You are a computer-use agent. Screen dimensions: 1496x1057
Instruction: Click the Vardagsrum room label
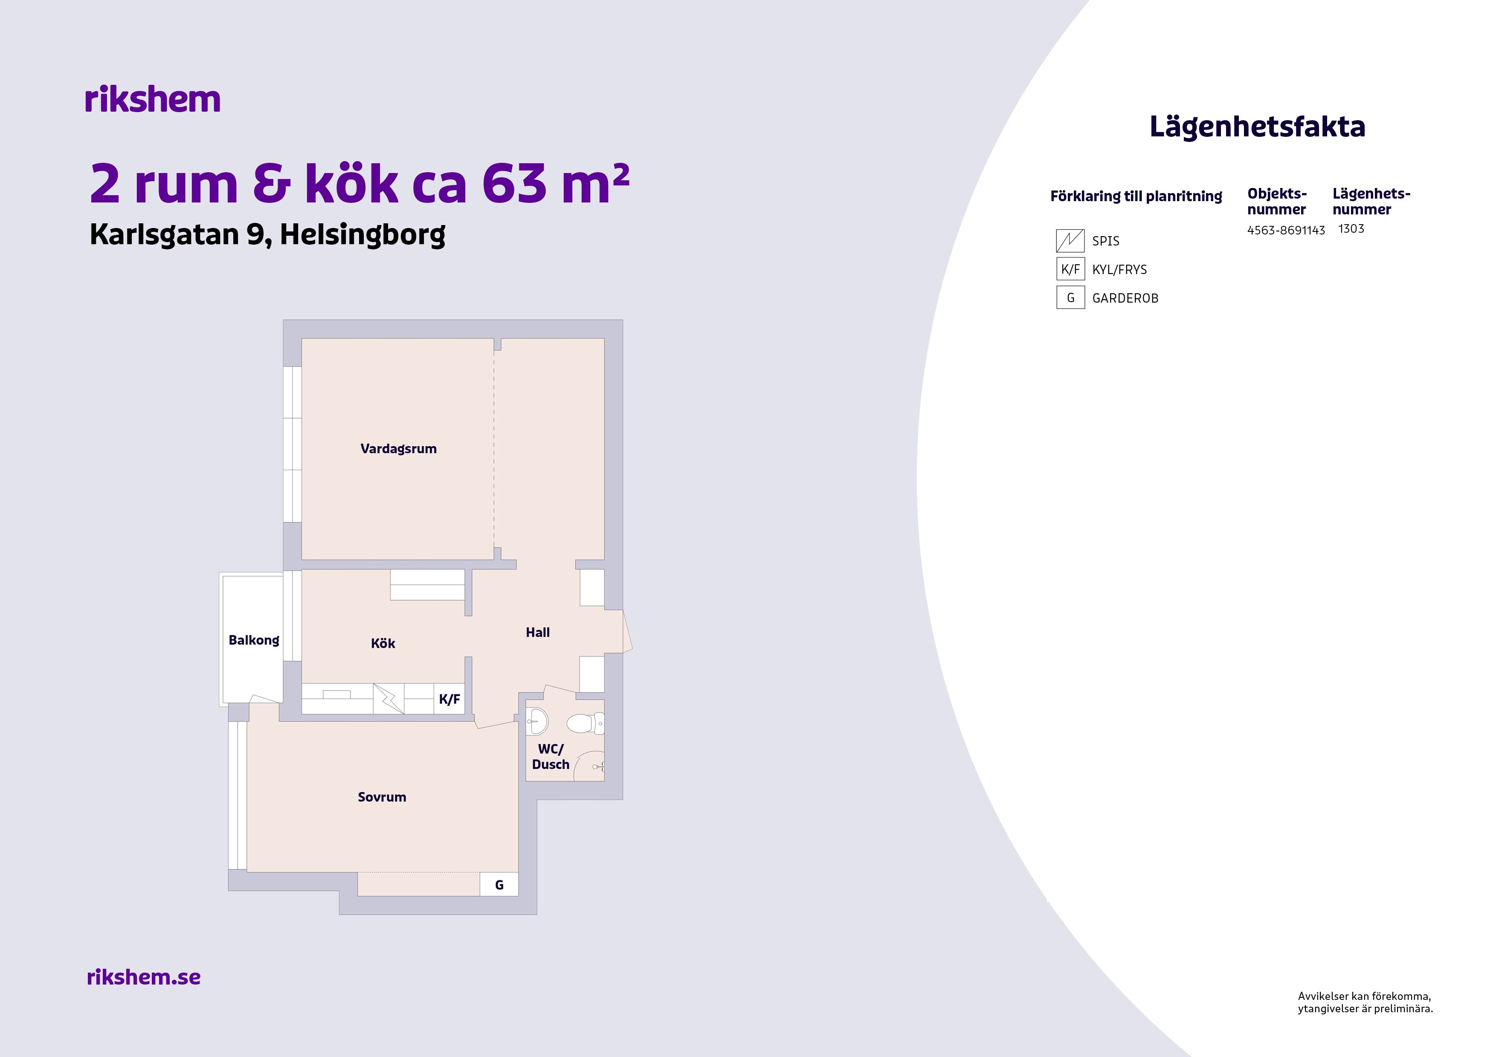[398, 449]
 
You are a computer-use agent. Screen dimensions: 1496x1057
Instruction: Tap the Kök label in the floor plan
[383, 644]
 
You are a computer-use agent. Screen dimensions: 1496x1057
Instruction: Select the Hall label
[537, 632]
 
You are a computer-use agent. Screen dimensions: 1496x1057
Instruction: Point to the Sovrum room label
[382, 797]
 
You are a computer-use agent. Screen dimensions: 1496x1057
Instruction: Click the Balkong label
[253, 640]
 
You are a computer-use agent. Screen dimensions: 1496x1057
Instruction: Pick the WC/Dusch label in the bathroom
[551, 757]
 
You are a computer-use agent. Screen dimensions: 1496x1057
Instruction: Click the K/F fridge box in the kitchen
[449, 699]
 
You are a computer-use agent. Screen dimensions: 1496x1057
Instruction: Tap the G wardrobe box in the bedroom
[499, 884]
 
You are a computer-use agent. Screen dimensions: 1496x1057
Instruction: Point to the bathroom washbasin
[537, 722]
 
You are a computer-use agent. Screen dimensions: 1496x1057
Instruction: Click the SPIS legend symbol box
[1070, 241]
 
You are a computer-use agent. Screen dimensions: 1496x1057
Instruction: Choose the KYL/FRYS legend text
[1119, 270]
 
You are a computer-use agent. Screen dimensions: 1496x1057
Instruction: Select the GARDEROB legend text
[1125, 298]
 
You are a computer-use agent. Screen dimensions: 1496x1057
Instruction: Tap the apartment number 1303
[1351, 228]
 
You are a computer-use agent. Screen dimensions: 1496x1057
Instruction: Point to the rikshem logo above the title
[153, 100]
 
